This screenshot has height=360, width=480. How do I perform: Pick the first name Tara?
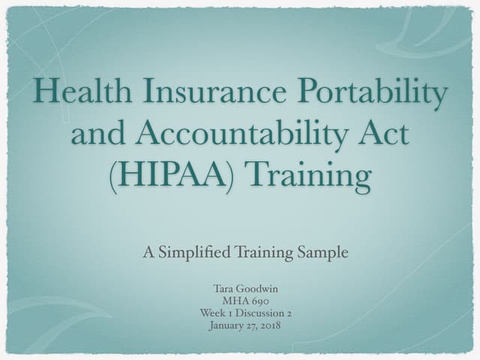pyautogui.click(x=223, y=289)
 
